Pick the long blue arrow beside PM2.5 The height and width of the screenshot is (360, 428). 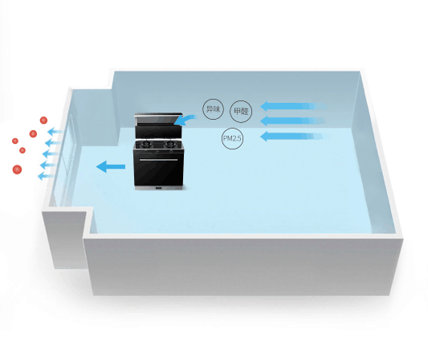click(x=291, y=136)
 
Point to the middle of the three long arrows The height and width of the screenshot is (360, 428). click(x=292, y=121)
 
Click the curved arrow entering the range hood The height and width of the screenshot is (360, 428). click(x=185, y=120)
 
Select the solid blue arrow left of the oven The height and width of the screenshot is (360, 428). click(x=111, y=166)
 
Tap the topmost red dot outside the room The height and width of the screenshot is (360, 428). click(x=43, y=121)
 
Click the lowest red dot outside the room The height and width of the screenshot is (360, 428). click(x=17, y=170)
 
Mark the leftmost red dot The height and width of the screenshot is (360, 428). click(x=15, y=141)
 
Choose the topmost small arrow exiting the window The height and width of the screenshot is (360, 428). click(x=55, y=132)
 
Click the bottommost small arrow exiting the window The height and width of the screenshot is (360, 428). click(x=45, y=176)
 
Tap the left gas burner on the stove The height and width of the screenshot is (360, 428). click(x=146, y=144)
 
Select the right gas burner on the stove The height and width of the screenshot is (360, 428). click(x=170, y=144)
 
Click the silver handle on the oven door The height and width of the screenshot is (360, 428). click(x=158, y=160)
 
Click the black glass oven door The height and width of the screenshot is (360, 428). click(x=158, y=170)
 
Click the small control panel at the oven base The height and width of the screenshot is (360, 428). click(x=158, y=188)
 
